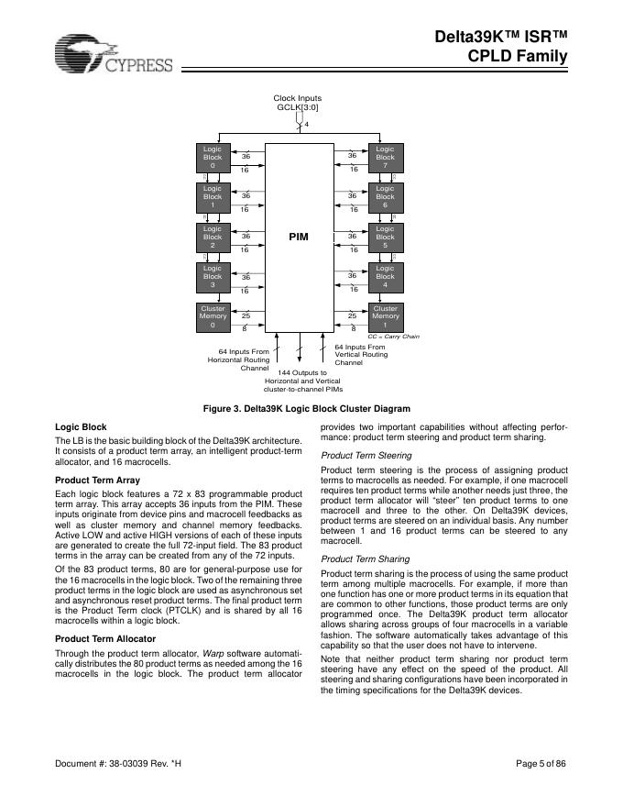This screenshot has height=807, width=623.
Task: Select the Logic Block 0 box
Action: click(212, 157)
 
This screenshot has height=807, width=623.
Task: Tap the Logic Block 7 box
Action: click(385, 157)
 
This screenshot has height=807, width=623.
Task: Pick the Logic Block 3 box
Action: click(212, 276)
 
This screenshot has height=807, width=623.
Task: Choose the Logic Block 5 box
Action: click(385, 237)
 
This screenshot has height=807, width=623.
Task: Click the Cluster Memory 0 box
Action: click(212, 316)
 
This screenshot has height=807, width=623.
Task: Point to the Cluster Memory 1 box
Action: click(385, 316)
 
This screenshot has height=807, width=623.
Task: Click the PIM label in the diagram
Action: click(299, 237)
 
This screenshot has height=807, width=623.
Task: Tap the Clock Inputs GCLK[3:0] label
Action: click(298, 103)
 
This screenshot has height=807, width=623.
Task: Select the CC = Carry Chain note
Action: click(393, 337)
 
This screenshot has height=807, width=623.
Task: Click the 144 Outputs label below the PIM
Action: click(301, 381)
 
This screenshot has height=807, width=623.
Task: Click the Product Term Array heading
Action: click(97, 481)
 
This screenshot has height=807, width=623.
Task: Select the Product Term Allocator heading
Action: click(105, 638)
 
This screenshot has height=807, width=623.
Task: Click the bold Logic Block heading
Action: click(82, 427)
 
